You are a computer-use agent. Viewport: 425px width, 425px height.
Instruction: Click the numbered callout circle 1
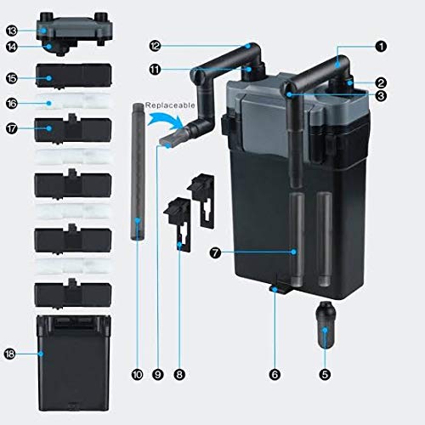tap(381, 46)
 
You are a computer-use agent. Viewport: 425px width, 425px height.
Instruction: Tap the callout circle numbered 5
tap(325, 375)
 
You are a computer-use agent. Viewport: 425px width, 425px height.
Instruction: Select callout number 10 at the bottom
tap(137, 375)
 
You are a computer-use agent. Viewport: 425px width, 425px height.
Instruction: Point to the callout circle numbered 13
tap(12, 31)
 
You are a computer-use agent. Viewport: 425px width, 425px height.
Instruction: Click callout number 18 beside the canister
tap(9, 354)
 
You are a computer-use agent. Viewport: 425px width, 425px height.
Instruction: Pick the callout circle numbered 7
tap(215, 252)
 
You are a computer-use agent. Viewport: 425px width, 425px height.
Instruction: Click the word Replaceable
tap(170, 105)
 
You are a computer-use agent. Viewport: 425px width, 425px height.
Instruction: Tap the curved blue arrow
tap(166, 120)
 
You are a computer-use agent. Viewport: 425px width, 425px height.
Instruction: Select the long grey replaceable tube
tap(138, 172)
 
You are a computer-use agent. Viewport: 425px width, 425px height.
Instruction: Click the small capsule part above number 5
tap(326, 326)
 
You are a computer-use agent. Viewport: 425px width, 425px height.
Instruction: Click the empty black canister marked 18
tap(74, 363)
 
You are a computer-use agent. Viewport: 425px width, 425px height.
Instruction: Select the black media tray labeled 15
tap(74, 76)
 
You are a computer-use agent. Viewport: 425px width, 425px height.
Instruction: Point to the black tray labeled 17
tap(73, 128)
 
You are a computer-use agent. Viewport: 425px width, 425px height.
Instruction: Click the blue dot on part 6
tap(275, 289)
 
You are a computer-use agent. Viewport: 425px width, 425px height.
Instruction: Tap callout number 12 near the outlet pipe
tap(155, 46)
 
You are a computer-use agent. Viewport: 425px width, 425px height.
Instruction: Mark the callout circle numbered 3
tap(381, 96)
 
